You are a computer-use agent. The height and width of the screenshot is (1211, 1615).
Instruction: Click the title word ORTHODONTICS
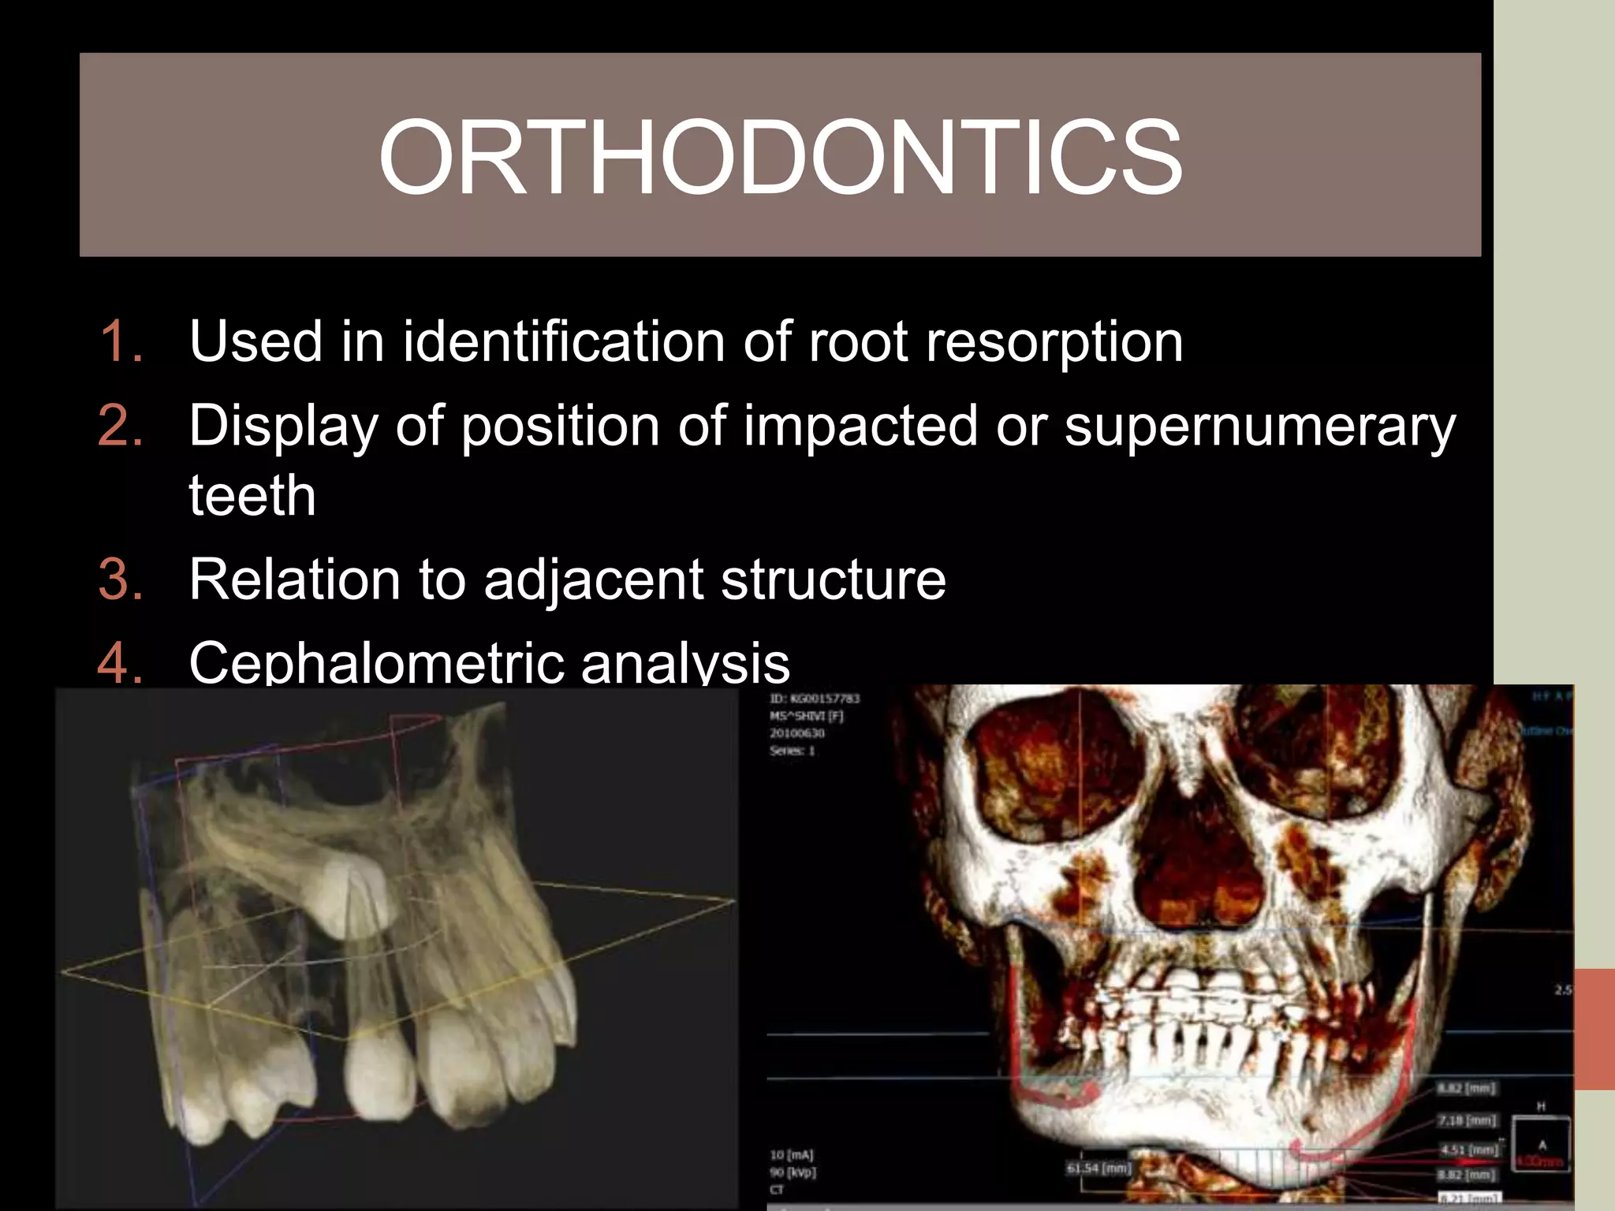point(780,157)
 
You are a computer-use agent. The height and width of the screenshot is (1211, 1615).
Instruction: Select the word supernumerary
point(1259,427)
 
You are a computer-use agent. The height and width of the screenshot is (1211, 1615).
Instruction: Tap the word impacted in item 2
point(860,427)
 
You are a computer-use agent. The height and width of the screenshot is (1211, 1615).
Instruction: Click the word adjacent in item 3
point(593,579)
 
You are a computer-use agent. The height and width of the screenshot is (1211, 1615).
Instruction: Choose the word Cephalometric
point(376,662)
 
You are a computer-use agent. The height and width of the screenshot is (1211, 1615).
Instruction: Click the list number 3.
point(120,579)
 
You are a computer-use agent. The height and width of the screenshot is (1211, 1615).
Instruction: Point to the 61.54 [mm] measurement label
point(1098,1168)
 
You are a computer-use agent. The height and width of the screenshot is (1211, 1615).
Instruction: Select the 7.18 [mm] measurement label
point(1466,1120)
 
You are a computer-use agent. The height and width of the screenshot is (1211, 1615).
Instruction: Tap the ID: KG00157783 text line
point(815,699)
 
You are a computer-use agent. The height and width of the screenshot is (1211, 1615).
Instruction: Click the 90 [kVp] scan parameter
point(793,1172)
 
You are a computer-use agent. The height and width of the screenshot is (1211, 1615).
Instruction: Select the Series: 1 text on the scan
point(792,751)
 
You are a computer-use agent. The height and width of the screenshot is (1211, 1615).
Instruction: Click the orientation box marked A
point(1541,1142)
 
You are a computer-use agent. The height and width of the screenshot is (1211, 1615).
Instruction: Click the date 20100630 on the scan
point(796,733)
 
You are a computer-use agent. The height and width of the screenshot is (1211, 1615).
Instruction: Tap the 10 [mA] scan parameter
point(791,1155)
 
